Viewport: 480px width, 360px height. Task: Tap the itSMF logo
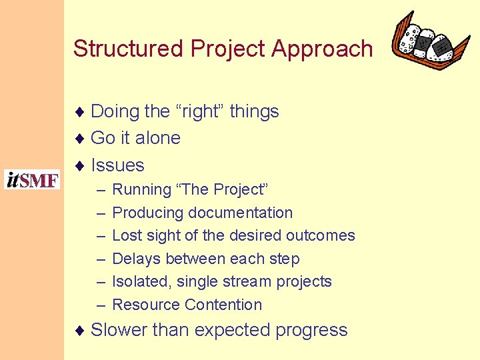tap(32, 180)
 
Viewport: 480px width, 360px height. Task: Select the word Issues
tap(117, 165)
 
